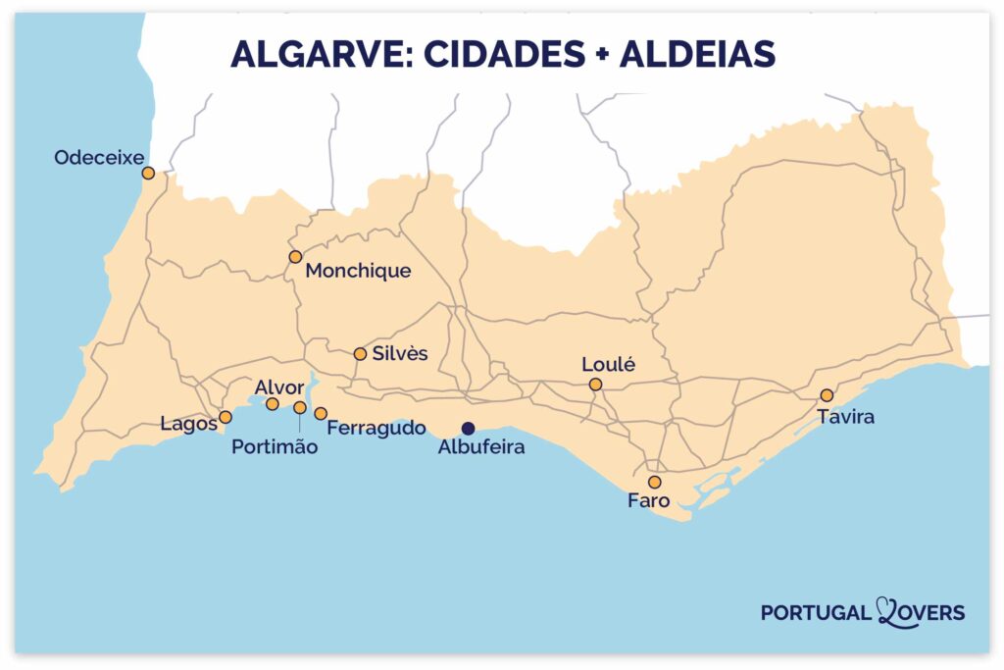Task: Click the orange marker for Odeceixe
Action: [148, 174]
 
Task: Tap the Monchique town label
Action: [358, 272]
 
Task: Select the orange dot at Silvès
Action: [360, 354]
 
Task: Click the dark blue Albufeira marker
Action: [468, 428]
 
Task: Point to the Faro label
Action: [648, 501]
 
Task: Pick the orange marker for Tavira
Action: [827, 395]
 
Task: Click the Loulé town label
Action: [609, 364]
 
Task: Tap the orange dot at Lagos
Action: [226, 417]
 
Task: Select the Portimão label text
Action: [275, 447]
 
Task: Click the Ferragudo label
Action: [376, 429]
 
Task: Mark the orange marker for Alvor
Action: [273, 404]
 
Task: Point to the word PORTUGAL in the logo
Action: [816, 613]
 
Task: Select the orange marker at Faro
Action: [654, 483]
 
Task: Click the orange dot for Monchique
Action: [295, 257]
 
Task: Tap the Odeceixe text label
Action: [98, 157]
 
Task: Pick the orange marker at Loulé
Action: [595, 385]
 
